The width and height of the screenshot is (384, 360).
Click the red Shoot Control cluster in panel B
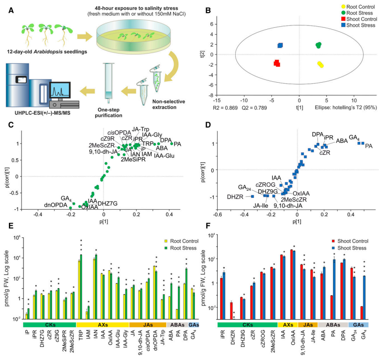click(x=276, y=63)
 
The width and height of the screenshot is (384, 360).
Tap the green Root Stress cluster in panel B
click(x=318, y=45)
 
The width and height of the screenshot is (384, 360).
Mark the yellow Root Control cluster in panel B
click(x=320, y=64)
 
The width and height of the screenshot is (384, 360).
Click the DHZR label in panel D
click(x=234, y=196)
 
